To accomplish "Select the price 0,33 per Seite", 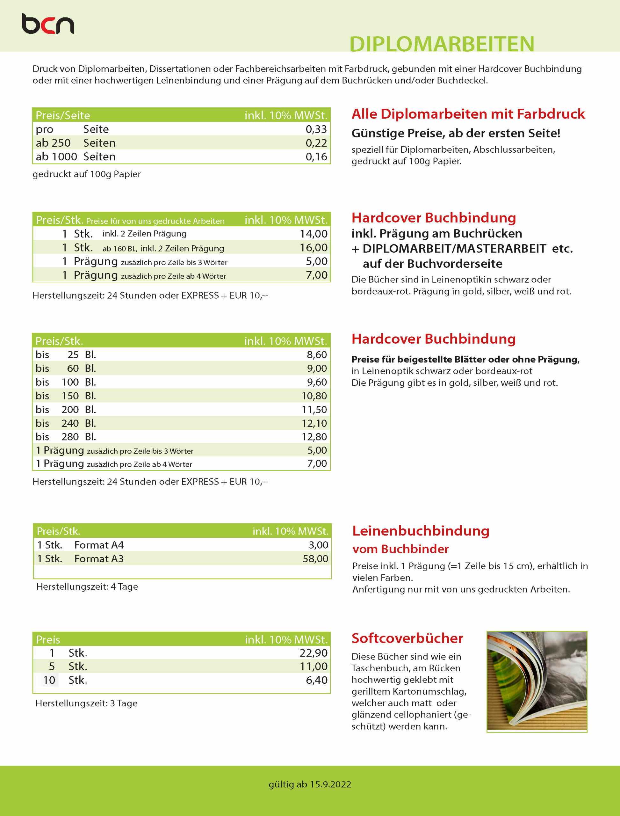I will point(316,129).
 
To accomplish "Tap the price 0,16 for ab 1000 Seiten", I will point(316,157).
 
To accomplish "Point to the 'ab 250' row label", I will point(53,143).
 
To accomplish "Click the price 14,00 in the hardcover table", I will point(313,234).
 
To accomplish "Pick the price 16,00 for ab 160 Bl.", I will point(313,247).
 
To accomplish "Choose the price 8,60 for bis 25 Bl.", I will point(317,354).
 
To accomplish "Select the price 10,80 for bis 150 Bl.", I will point(314,396).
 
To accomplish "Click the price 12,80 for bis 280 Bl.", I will point(314,437).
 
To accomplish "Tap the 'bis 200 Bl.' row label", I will point(66,410).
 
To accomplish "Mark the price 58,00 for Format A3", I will point(315,559).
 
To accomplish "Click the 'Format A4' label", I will point(99,545).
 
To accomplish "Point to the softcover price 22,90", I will point(313,653).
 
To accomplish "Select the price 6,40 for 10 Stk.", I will point(316,680).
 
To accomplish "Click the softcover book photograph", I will point(537,681).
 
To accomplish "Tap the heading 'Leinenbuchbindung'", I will point(421,531).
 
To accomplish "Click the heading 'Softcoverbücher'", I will point(407,638).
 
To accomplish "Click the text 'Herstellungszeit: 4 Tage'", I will point(87,587).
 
